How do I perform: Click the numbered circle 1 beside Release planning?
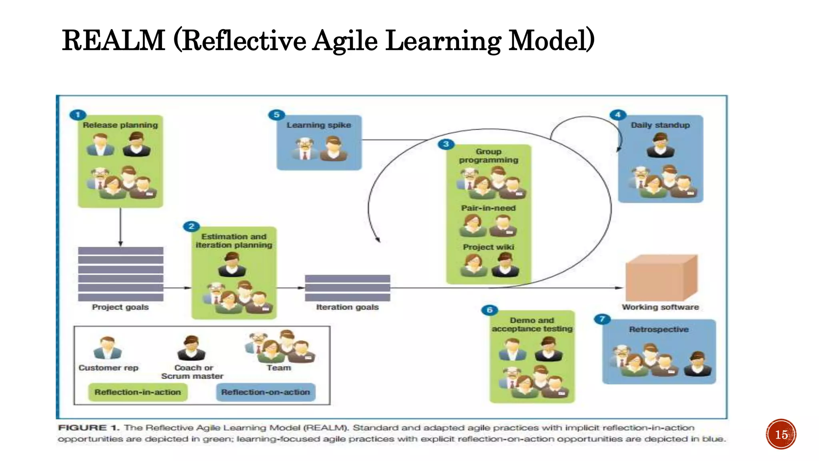tap(78, 115)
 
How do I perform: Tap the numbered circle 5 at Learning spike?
tap(276, 115)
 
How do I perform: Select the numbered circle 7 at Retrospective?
tap(602, 319)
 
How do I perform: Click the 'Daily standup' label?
tap(660, 125)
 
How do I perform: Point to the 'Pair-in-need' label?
tap(488, 208)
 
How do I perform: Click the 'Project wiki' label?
tap(488, 247)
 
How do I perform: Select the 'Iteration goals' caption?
tap(347, 307)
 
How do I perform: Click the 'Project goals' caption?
tap(120, 307)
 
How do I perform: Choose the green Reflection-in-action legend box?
tap(138, 392)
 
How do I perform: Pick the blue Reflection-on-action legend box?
tap(266, 392)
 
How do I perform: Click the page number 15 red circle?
tap(781, 435)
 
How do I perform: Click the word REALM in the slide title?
tap(114, 40)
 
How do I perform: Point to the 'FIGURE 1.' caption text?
tap(88, 427)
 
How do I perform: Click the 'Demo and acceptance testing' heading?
tap(532, 325)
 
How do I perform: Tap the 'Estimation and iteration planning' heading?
tap(234, 241)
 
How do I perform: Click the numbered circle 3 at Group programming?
tap(446, 144)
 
